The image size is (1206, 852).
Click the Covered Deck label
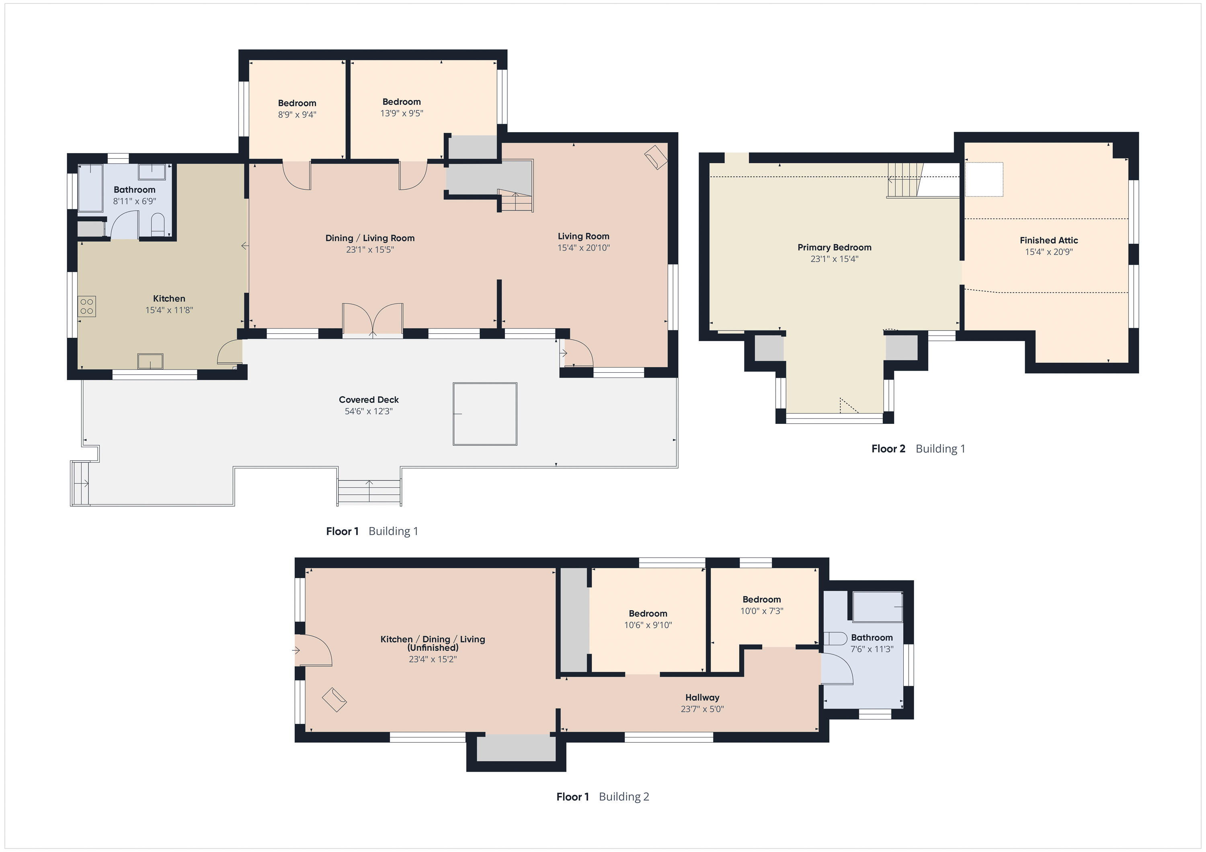(368, 400)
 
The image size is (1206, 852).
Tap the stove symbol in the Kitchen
(87, 306)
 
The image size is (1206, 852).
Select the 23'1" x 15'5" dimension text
(370, 250)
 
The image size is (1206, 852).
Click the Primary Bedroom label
(834, 247)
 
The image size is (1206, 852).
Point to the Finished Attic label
(1048, 241)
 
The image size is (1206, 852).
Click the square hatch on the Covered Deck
(485, 414)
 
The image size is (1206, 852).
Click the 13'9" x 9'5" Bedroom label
(401, 102)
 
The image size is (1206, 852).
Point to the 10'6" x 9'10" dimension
(648, 625)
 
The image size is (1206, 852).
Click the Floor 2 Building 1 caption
(918, 449)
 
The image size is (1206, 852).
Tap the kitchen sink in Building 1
(150, 361)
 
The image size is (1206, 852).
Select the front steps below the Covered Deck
(369, 492)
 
